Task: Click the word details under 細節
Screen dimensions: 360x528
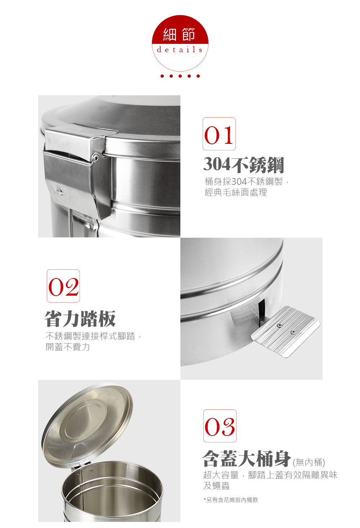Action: [180, 50]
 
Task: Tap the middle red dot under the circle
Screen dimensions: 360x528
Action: [180, 76]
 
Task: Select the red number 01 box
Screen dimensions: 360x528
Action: [219, 134]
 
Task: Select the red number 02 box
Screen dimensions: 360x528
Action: [63, 286]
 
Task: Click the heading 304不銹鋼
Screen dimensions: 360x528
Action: [244, 165]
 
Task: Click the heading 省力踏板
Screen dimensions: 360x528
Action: [80, 318]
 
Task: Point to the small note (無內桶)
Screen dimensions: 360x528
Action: [309, 463]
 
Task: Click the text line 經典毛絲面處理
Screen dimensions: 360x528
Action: [236, 192]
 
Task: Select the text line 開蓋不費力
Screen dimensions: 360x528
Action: [67, 347]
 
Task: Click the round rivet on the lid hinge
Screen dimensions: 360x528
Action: [96, 157]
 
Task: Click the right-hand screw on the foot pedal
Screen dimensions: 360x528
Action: [293, 332]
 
